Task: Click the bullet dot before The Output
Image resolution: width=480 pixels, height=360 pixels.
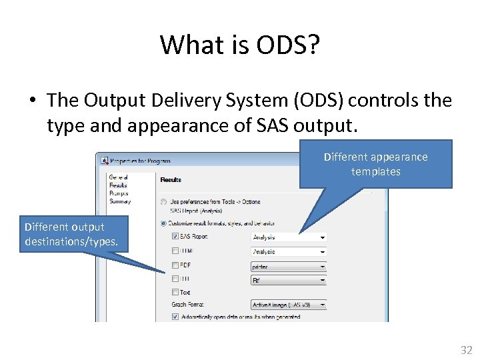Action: tap(32, 101)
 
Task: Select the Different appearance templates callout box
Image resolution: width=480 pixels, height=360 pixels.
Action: tap(375, 164)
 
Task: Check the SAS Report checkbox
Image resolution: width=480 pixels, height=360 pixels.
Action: tap(175, 236)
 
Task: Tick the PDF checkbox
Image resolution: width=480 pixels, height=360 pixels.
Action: tap(175, 265)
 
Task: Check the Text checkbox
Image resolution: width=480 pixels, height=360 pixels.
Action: tap(175, 292)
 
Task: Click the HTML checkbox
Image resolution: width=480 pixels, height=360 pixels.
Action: tap(175, 251)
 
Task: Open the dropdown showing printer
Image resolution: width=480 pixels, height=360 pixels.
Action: tap(289, 267)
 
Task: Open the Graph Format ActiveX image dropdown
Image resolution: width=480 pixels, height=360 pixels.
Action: tap(289, 304)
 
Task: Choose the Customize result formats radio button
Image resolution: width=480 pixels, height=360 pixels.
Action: tap(164, 223)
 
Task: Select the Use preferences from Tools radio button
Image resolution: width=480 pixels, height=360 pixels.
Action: tap(164, 201)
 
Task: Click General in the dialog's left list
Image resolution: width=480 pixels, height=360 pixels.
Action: tap(118, 177)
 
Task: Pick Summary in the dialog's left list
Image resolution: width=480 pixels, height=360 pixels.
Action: tap(119, 201)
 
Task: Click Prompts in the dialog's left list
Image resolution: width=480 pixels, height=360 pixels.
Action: tap(119, 193)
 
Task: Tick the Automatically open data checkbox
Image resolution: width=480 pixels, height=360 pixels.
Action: tap(175, 317)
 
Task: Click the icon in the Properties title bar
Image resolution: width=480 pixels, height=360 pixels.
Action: tap(104, 160)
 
